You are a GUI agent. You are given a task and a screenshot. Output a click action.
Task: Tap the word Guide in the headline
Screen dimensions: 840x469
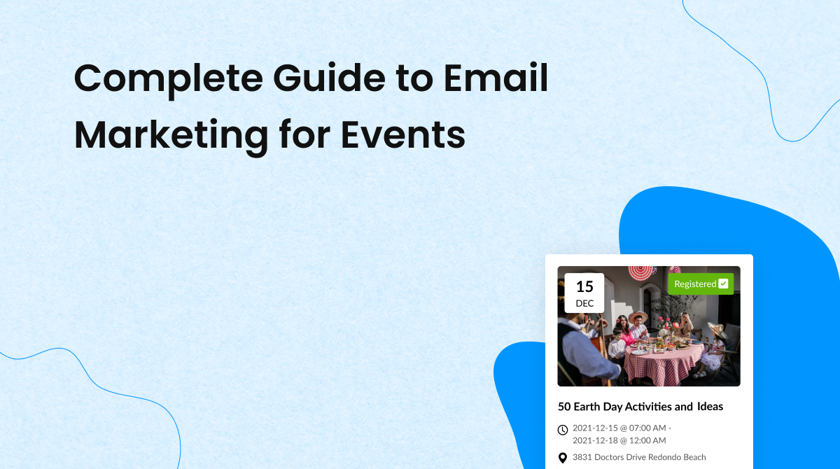(329, 78)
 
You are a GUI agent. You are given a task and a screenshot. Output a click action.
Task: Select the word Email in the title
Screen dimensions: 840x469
(496, 78)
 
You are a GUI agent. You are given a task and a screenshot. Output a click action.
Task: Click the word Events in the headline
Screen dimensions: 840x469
(402, 134)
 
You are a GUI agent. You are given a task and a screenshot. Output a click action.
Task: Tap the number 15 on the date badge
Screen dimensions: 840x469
(584, 287)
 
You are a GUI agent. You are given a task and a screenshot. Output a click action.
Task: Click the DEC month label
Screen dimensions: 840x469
(584, 303)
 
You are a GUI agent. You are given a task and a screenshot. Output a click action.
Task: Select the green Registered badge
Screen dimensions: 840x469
(701, 283)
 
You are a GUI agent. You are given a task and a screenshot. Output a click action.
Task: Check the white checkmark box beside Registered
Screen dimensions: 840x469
(723, 283)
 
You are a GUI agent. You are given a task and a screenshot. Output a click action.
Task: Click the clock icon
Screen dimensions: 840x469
(563, 430)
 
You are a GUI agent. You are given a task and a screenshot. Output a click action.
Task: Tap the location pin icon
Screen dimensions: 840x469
(563, 458)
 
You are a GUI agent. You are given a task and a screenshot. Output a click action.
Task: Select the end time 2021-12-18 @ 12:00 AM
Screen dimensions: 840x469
(619, 440)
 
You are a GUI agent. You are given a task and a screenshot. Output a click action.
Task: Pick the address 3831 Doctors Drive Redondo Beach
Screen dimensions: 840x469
(639, 457)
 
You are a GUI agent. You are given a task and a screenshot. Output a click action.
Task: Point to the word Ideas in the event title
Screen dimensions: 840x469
(710, 407)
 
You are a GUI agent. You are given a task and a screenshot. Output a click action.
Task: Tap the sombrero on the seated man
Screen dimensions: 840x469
(637, 316)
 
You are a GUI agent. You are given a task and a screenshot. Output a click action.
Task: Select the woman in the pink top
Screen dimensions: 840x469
(624, 332)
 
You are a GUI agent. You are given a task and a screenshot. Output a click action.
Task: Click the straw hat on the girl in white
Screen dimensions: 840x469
(717, 329)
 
